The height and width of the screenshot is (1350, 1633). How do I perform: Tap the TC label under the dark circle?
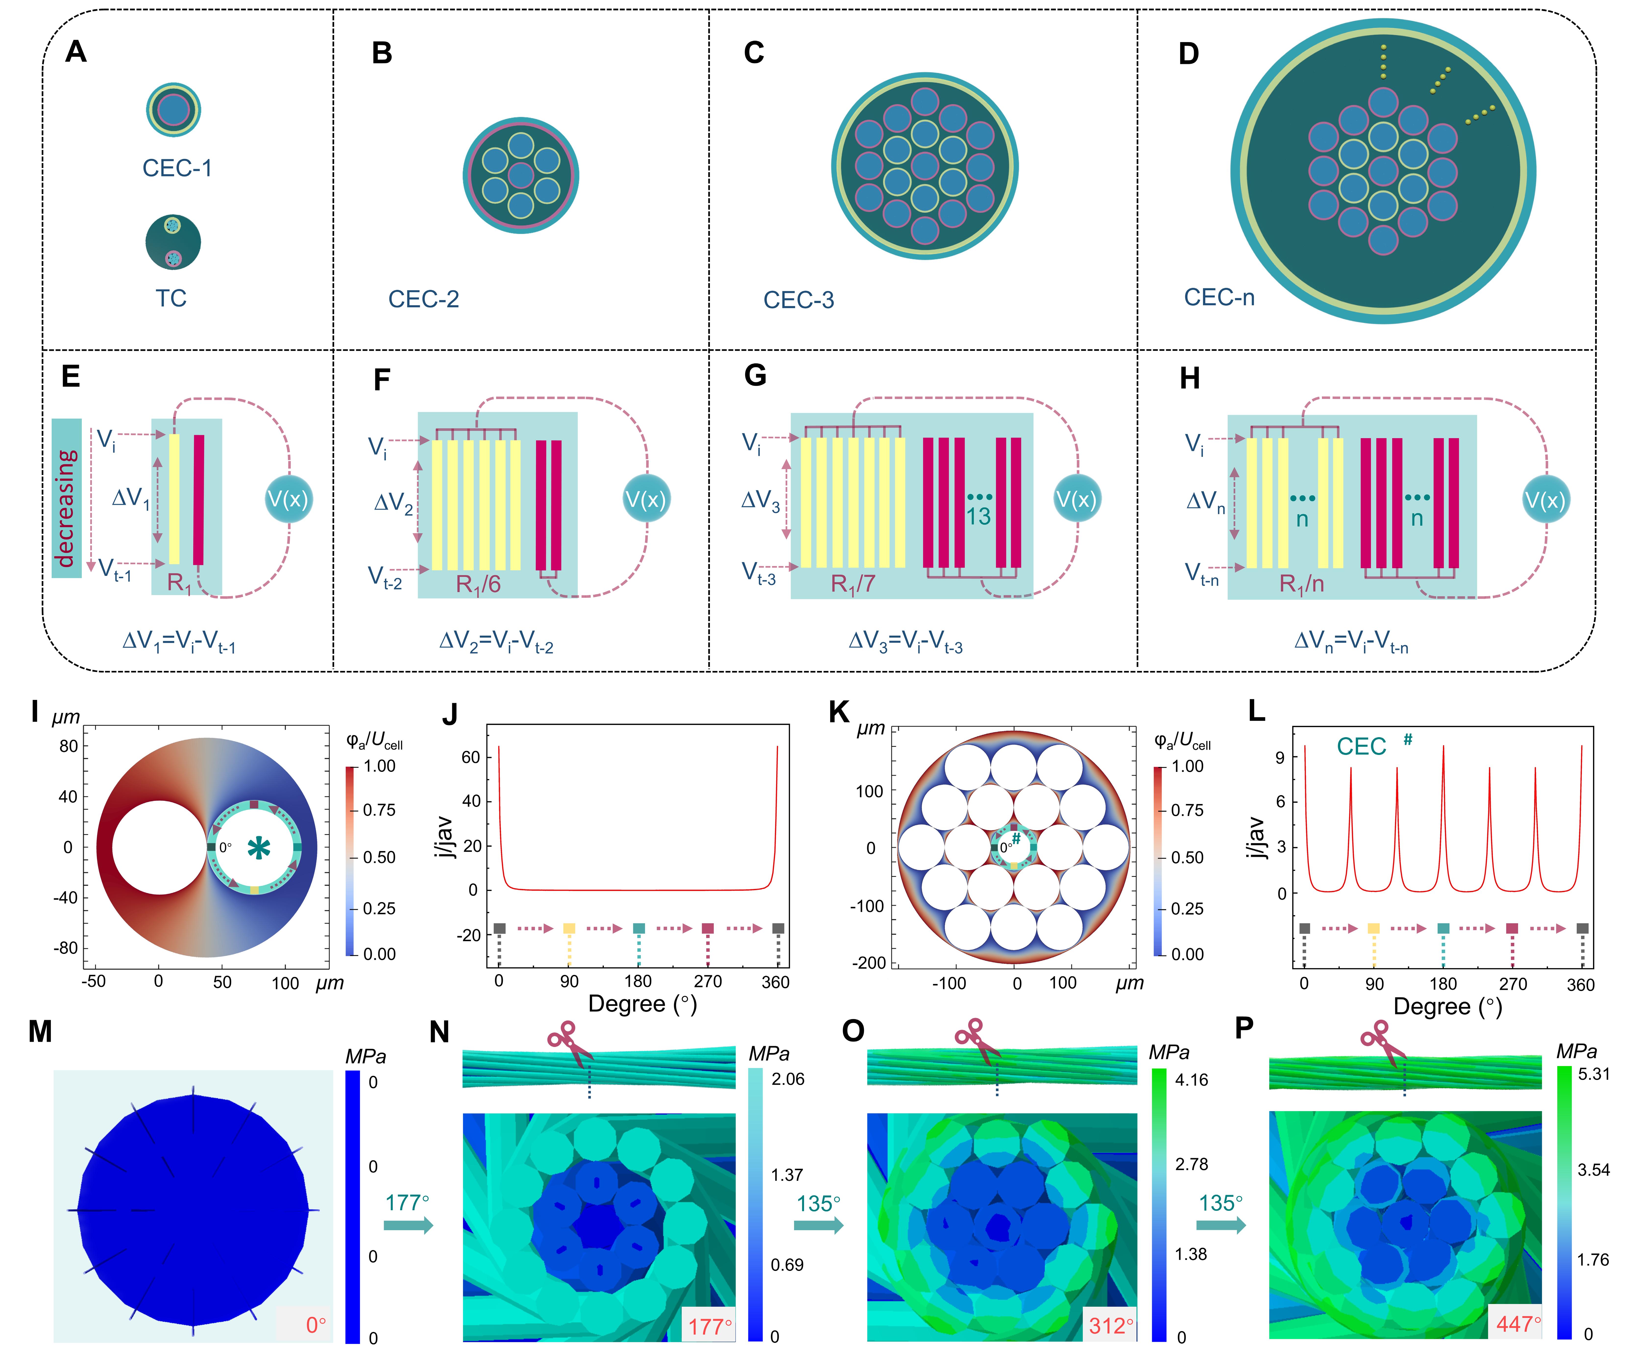[x=171, y=298]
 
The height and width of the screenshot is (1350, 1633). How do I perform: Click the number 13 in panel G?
[x=978, y=516]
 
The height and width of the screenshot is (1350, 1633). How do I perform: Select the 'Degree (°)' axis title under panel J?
[x=642, y=1004]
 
